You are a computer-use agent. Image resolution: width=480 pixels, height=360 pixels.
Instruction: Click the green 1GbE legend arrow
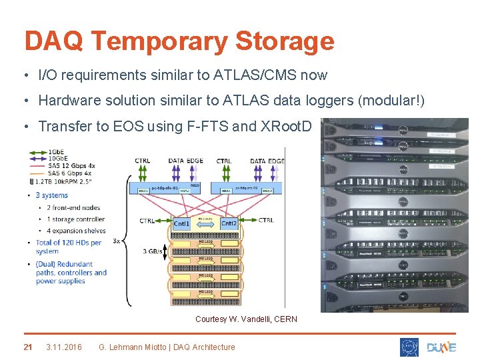point(37,152)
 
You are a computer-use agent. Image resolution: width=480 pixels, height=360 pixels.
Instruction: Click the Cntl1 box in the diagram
point(181,224)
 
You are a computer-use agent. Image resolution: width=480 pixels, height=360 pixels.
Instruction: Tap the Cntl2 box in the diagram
point(229,224)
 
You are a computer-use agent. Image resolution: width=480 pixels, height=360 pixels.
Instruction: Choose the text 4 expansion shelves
point(76,231)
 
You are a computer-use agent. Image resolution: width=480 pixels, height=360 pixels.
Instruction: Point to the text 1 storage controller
point(75,219)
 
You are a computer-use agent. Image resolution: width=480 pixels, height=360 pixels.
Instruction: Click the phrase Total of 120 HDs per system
point(71,247)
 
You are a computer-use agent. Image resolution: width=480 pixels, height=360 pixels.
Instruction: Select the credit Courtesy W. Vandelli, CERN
point(246,319)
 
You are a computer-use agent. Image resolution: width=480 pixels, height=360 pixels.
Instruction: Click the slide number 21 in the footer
point(28,347)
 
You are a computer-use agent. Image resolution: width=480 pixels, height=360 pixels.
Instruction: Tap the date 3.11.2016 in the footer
point(64,347)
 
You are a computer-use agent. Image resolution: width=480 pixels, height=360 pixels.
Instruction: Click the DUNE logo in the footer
point(441,347)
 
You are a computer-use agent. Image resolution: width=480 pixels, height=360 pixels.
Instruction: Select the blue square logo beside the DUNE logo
point(409,347)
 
